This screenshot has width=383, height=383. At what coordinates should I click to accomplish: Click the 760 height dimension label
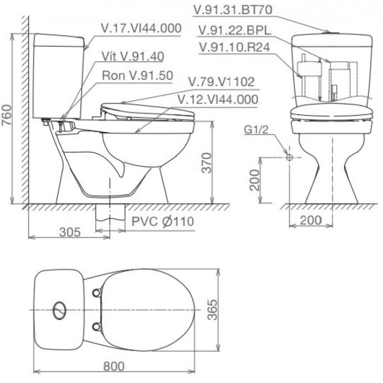(6, 115)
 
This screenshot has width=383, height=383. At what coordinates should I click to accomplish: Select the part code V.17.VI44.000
(141, 28)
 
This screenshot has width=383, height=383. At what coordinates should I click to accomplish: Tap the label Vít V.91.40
(133, 57)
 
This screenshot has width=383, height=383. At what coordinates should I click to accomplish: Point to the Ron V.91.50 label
(137, 75)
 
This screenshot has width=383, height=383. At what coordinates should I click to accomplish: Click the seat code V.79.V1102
(222, 82)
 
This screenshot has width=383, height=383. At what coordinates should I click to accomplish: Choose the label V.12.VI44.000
(218, 100)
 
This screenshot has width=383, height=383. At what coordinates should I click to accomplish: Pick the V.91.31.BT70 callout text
(233, 10)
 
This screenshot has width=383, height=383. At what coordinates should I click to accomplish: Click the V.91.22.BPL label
(235, 31)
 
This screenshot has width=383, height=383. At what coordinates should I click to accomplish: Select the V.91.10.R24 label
(234, 47)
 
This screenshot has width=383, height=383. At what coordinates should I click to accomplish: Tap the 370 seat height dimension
(207, 163)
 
